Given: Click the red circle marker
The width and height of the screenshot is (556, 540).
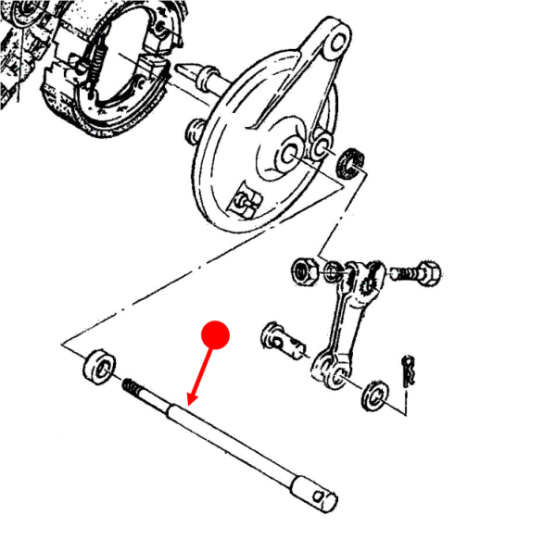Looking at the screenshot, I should [216, 335].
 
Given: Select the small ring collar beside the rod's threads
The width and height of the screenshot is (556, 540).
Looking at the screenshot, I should [97, 364].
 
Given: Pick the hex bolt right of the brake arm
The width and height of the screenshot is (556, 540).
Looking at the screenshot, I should [421, 274].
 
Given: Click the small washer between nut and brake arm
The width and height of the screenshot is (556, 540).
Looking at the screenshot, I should [334, 274].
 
